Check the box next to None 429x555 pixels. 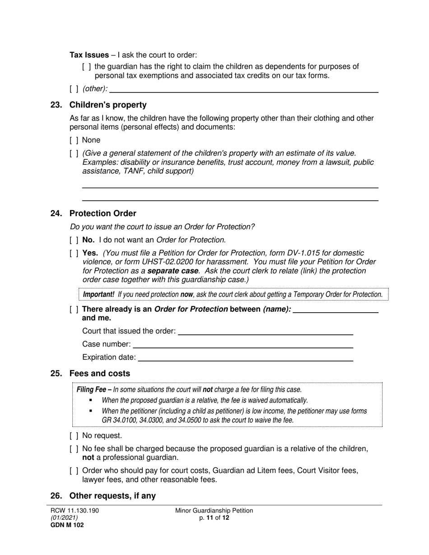coord(74,140)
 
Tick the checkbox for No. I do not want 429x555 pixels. coord(74,240)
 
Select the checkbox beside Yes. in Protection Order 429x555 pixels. coord(74,253)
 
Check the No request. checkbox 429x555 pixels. coord(74,435)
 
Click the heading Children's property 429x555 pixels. coord(108,105)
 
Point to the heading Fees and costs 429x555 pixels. coord(99,374)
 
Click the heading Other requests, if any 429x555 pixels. coord(112,496)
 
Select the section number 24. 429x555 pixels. coord(56,213)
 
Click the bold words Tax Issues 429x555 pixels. coord(89,55)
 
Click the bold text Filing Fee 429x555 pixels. coord(93,389)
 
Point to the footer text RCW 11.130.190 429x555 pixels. coord(75,511)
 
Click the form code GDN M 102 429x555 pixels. coord(67,525)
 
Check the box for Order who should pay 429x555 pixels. coord(74,471)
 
